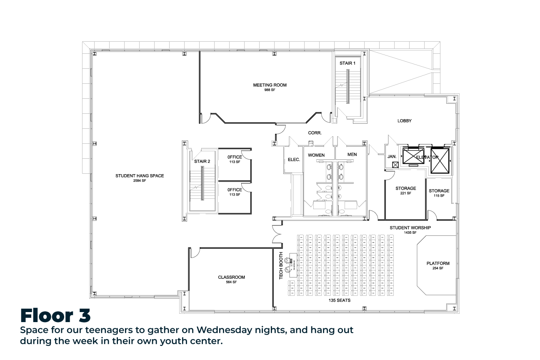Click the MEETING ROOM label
pyautogui.click(x=270, y=85)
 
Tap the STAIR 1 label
pyautogui.click(x=347, y=63)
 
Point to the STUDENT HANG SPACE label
pyautogui.click(x=140, y=176)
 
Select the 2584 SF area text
pyautogui.click(x=140, y=180)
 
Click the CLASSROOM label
pyautogui.click(x=231, y=277)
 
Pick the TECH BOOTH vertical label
pyautogui.click(x=281, y=266)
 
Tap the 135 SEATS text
pyautogui.click(x=340, y=300)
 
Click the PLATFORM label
pyautogui.click(x=438, y=264)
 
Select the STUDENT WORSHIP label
pyautogui.click(x=410, y=227)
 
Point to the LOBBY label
pyautogui.click(x=405, y=121)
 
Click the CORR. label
pyautogui.click(x=315, y=133)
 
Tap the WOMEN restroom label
pyautogui.click(x=316, y=155)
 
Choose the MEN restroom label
pyautogui.click(x=352, y=155)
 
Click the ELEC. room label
pyautogui.click(x=294, y=160)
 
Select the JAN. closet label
pyautogui.click(x=392, y=157)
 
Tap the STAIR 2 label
pyautogui.click(x=202, y=162)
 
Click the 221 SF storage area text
pyautogui.click(x=406, y=193)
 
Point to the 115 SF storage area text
pyautogui.click(x=439, y=195)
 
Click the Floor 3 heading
pyautogui.click(x=55, y=315)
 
